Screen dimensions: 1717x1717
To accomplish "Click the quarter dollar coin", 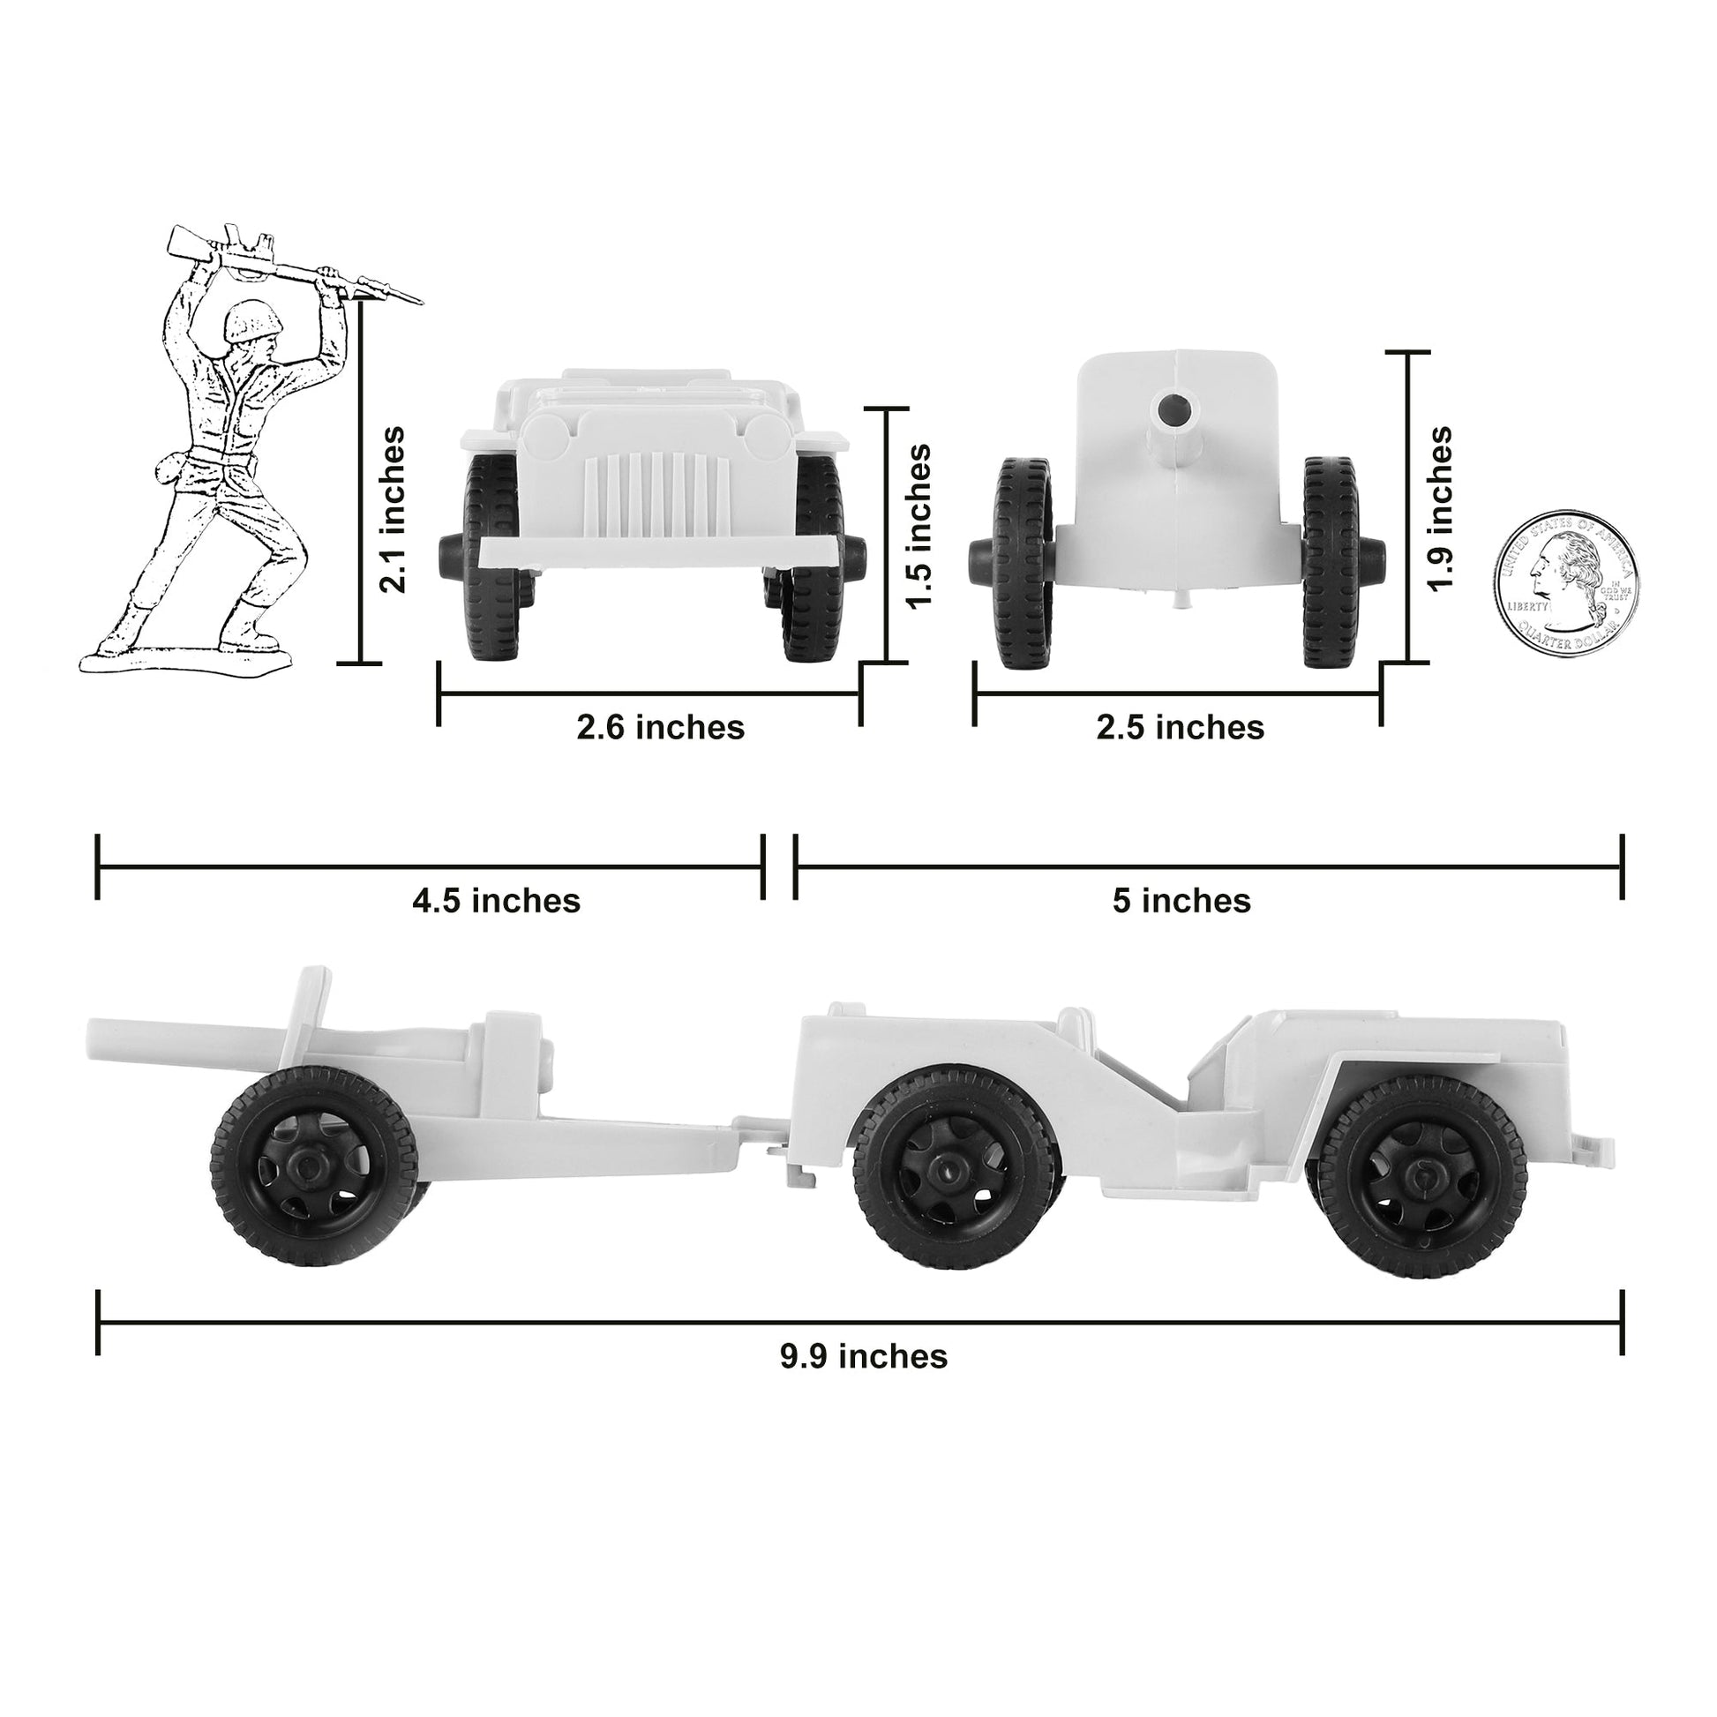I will (1566, 583).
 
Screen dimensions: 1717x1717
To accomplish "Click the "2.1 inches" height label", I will (392, 509).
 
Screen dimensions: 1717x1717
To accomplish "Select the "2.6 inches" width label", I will (660, 728).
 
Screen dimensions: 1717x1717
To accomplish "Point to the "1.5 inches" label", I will (918, 526).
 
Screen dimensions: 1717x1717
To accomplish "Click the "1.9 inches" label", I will (1439, 507).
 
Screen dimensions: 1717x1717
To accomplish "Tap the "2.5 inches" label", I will (1180, 728).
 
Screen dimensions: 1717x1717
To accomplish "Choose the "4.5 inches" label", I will (496, 901).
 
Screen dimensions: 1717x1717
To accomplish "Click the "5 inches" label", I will (1181, 901).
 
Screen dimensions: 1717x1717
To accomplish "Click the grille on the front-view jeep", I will (656, 492).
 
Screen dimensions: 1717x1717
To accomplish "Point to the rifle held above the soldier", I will (293, 264).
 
